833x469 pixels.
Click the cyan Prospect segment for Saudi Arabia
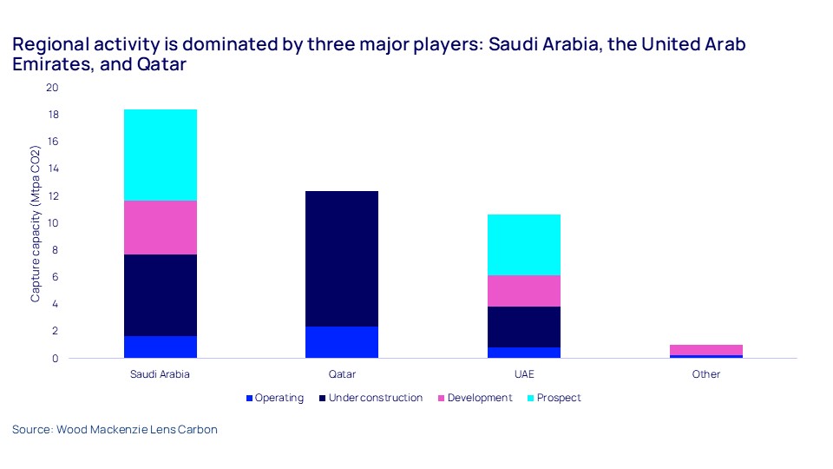coord(161,155)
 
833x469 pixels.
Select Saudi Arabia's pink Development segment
coord(161,227)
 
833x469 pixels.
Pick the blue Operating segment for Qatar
coord(341,341)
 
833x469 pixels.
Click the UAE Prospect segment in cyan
coord(523,244)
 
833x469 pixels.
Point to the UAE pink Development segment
coord(523,290)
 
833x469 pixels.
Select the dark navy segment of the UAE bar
coord(523,327)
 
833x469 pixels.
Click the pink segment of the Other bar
coord(705,349)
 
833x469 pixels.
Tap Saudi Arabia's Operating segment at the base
coord(161,347)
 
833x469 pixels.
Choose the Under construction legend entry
coord(374,398)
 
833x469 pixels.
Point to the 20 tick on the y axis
coord(52,88)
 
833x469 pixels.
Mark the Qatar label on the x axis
coord(341,374)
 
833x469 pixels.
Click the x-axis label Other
coord(705,374)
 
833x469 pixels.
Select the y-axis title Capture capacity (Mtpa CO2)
coord(36,223)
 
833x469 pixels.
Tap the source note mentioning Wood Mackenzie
coord(115,429)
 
